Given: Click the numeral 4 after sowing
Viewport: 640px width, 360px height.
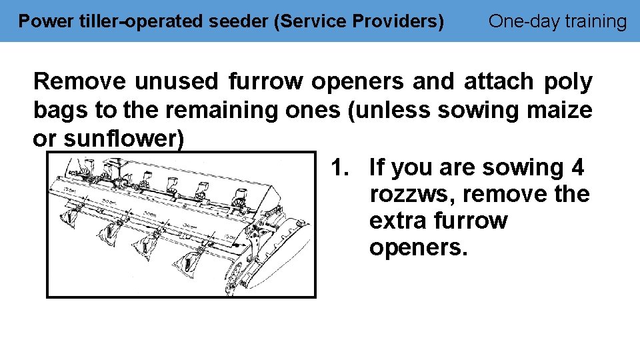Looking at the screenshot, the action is coord(577,167).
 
